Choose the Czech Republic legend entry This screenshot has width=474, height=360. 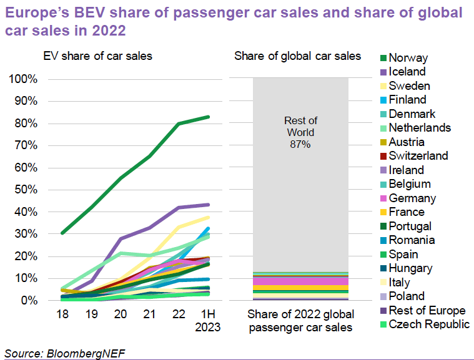[x=428, y=324]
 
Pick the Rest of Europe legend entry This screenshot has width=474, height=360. [x=427, y=310]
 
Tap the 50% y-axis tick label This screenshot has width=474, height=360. [x=27, y=190]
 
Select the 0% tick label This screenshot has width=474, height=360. [x=30, y=300]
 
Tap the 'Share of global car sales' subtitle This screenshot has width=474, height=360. [x=297, y=56]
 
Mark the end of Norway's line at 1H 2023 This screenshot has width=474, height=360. [x=209, y=117]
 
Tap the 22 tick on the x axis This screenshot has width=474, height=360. [x=179, y=314]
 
